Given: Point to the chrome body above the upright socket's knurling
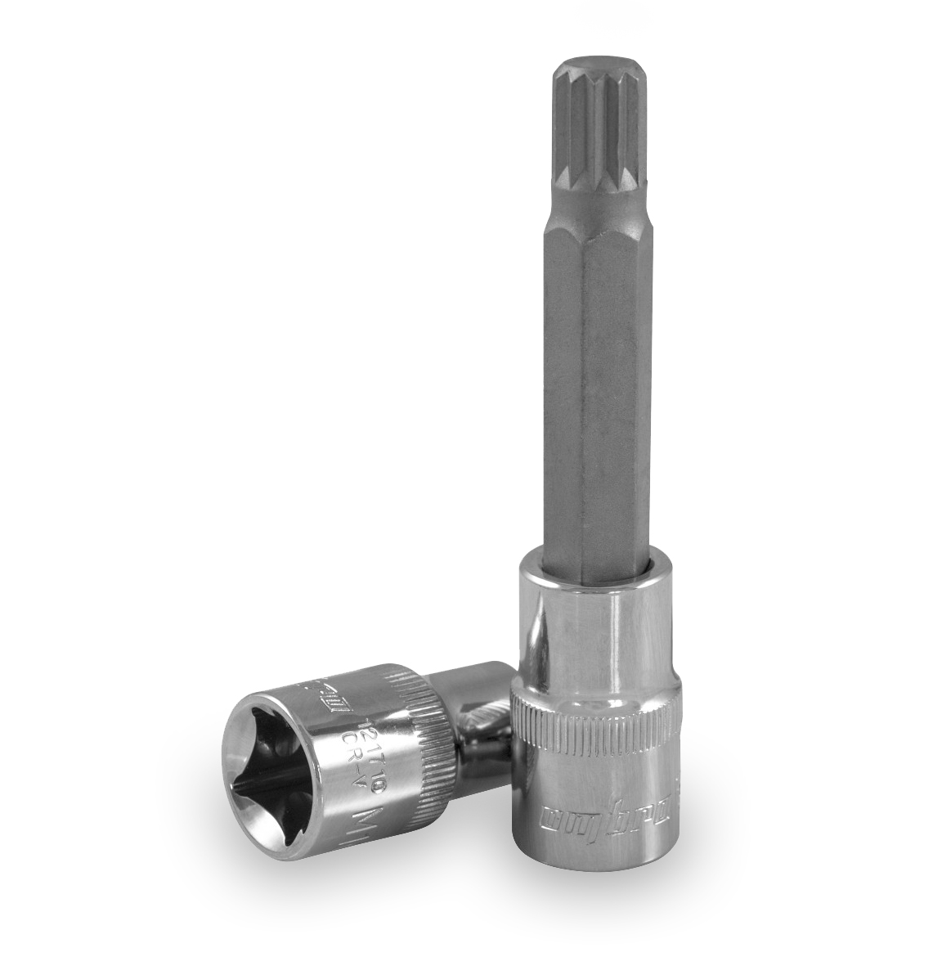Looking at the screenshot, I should click(x=593, y=630).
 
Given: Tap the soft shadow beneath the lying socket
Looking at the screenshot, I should click(x=343, y=883).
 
